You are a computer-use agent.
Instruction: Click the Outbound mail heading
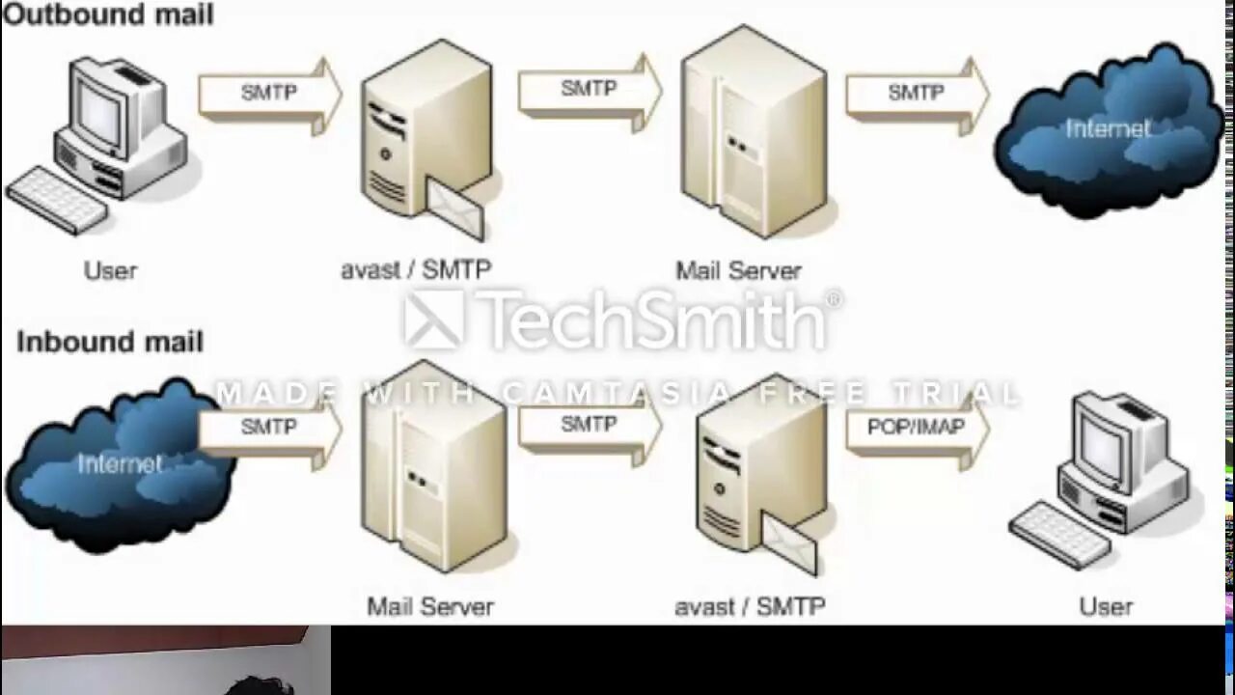tap(107, 14)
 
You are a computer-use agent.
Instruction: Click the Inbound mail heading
tap(109, 342)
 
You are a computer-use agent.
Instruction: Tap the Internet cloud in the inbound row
tap(119, 464)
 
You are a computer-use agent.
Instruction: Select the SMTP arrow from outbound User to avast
tap(270, 94)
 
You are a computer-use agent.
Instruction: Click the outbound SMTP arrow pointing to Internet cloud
tap(917, 94)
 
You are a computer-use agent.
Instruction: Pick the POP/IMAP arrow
tap(917, 428)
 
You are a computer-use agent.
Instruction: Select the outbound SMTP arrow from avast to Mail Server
tap(590, 91)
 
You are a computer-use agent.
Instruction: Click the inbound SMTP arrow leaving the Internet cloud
tap(270, 428)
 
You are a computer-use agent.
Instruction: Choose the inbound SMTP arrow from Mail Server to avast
tap(590, 426)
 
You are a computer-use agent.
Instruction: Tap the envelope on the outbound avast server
tap(454, 207)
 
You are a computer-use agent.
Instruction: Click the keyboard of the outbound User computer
tap(57, 200)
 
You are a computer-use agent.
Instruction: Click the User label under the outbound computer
tap(110, 271)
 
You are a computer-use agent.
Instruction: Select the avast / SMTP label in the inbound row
tap(750, 607)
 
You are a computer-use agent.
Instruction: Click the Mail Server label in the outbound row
tap(738, 271)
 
